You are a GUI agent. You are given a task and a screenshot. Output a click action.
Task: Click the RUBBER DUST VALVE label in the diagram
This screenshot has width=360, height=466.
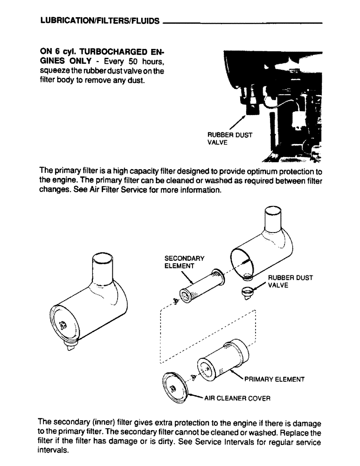pos(290,282)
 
